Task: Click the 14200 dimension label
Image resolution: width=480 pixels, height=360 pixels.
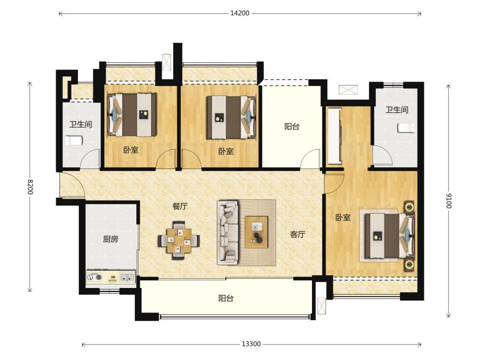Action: [240, 13]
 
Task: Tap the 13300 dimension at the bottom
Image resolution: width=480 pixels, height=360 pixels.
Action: [252, 344]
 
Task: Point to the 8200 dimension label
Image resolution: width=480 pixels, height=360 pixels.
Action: [30, 186]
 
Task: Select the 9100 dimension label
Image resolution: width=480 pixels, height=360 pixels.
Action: [448, 201]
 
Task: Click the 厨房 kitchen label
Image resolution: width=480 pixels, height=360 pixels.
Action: [110, 239]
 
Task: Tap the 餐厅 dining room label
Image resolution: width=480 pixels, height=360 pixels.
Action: [180, 206]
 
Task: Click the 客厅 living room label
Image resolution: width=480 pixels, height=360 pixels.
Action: [298, 235]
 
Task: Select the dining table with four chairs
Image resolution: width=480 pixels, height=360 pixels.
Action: [179, 240]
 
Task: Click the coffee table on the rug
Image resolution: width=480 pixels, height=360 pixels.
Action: [256, 232]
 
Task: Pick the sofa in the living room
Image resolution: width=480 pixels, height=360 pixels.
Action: [228, 233]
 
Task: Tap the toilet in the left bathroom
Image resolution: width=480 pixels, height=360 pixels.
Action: [74, 141]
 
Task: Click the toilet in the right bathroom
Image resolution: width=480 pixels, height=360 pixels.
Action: [407, 128]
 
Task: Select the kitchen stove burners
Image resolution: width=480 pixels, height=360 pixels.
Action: [95, 277]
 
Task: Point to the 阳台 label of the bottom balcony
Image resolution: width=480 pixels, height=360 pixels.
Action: [226, 299]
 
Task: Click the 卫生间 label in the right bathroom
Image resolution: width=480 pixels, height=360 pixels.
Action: [397, 109]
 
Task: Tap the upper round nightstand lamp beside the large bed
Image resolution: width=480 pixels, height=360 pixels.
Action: [409, 207]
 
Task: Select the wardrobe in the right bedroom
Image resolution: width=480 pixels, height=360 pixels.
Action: [334, 136]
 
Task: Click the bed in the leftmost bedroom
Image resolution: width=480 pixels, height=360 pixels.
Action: [132, 115]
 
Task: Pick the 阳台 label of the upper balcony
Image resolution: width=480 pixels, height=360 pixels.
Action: [292, 126]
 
